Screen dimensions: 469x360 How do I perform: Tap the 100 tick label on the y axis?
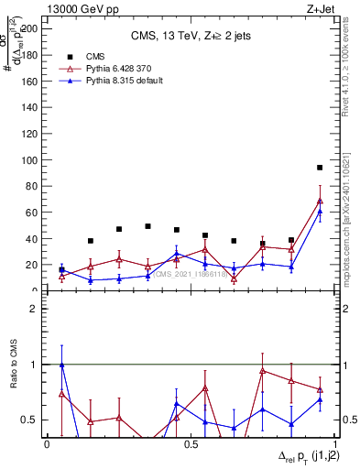[x=30, y=160]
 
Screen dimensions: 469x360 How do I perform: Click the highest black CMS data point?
[x=320, y=168]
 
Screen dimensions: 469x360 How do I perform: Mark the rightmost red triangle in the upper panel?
[x=320, y=201]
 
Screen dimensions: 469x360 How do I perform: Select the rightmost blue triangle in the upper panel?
[x=320, y=212]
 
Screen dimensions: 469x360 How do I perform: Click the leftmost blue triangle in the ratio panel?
[x=61, y=365]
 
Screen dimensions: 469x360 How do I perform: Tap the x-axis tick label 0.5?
[x=191, y=444]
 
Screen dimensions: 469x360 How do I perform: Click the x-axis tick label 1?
[x=333, y=444]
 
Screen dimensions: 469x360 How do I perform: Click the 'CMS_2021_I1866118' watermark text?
[x=189, y=273]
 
